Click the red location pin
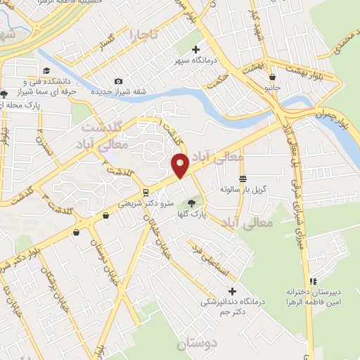(180, 164)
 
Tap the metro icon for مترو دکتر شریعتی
(146, 191)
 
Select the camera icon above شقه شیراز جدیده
(118, 82)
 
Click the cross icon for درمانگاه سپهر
(196, 49)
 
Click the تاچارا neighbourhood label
(145, 33)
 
